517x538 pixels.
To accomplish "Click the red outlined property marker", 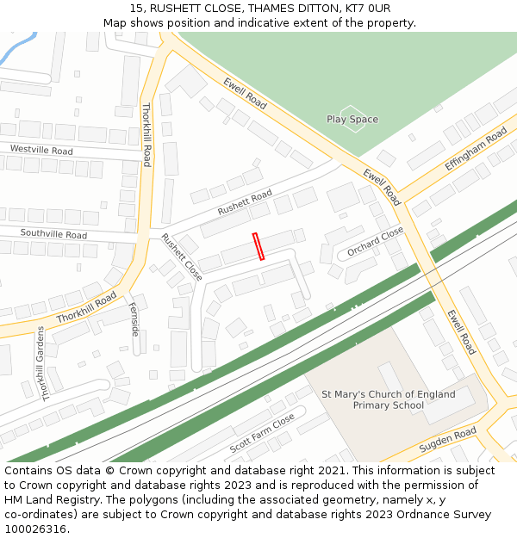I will [x=258, y=246].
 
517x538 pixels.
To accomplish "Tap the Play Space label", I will [x=352, y=119].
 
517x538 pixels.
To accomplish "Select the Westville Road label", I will [x=41, y=150].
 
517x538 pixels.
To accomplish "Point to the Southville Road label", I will [x=53, y=234].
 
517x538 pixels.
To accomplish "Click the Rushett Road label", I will [x=245, y=202].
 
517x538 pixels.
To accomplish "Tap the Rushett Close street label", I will [x=182, y=257].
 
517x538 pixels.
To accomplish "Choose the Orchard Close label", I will [x=376, y=242].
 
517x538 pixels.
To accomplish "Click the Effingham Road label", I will [x=476, y=150].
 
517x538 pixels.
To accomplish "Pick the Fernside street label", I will [x=134, y=318].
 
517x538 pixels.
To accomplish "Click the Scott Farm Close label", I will [x=262, y=433].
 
